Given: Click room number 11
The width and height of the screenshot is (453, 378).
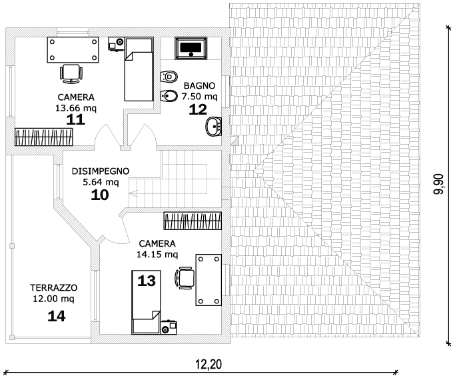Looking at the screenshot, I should pos(76,120).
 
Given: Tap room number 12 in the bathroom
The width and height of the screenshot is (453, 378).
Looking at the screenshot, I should pos(198,109).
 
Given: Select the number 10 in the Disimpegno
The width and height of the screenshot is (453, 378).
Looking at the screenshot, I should pos(100,195).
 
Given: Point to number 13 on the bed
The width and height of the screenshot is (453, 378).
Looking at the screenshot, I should pos(146,281).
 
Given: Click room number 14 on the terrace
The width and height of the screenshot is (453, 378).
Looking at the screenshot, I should pos(57,316).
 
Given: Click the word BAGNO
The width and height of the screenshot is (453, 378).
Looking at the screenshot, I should pos(199,85).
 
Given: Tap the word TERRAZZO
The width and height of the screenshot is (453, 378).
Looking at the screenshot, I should pos(54,287).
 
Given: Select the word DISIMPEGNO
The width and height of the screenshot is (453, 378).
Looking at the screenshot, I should pos(100,171).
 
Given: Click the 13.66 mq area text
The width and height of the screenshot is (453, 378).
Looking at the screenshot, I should pos(76,107).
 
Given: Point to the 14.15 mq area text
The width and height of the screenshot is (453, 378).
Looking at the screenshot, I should pos(157,254).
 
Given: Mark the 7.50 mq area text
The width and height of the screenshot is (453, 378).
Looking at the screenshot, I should pos(199,97).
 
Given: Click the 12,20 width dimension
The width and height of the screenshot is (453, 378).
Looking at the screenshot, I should pos(208,364).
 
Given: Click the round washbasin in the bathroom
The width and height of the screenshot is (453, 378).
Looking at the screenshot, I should pos(215,125).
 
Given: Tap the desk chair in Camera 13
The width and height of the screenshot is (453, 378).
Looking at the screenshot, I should pos(185,277).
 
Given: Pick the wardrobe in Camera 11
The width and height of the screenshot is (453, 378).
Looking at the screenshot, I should pos(44,137).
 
